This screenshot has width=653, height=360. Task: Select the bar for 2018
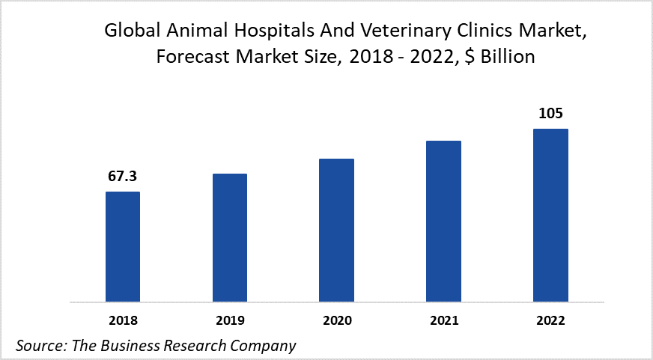click(x=123, y=247)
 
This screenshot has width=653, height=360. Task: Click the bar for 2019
click(x=229, y=238)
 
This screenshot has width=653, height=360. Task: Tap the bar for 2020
click(x=336, y=231)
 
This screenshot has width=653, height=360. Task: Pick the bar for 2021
click(x=443, y=222)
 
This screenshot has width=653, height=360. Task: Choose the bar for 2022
click(x=550, y=216)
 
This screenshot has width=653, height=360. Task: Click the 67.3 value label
click(x=123, y=177)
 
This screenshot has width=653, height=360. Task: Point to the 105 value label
click(x=550, y=114)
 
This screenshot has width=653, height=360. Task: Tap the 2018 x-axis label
click(x=123, y=320)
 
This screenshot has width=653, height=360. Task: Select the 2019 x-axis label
click(x=229, y=320)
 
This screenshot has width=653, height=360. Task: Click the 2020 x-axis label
click(x=336, y=320)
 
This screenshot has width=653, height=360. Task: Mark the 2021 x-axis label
click(x=443, y=320)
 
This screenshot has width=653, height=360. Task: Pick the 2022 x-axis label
click(x=550, y=320)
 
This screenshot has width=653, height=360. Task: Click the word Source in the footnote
click(x=37, y=345)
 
